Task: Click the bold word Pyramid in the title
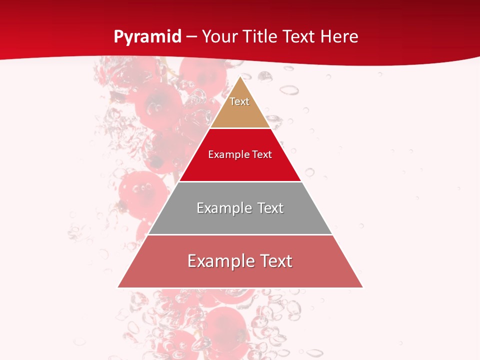(x=147, y=37)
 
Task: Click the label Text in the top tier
(x=239, y=101)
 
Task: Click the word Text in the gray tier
(x=270, y=208)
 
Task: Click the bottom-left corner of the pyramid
(x=118, y=287)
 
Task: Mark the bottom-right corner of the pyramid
(x=362, y=287)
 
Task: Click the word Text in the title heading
(x=300, y=37)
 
